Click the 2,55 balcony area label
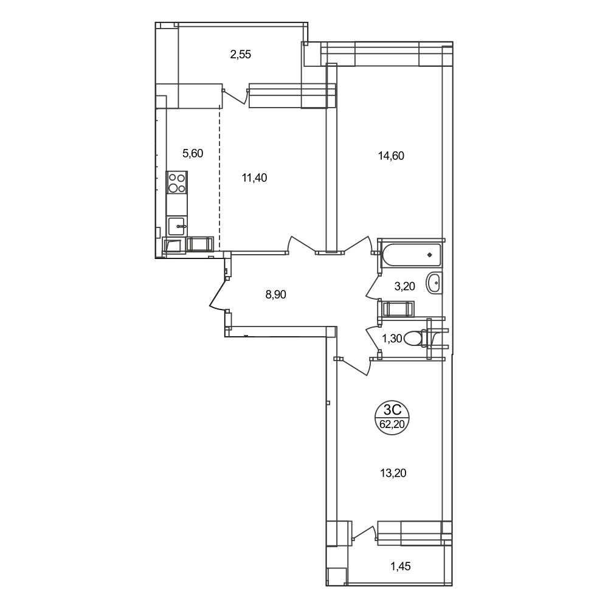pos(240,54)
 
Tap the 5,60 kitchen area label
pos(193,154)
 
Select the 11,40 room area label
pos(254,178)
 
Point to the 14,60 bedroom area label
pos(391,156)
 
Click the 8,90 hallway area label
pos(275,295)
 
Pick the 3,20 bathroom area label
pos(404,286)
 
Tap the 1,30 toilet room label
pos(392,339)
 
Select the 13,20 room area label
pos(393,473)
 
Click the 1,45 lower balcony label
pos(400,567)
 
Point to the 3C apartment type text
pos(392,409)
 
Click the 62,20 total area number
pos(392,424)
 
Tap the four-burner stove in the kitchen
pos(177,182)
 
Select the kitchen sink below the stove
pos(178,226)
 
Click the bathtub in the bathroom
pos(412,255)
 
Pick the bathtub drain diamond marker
pos(429,255)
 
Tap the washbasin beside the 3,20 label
pos(434,283)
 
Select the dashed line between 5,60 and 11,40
pos(219,179)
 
